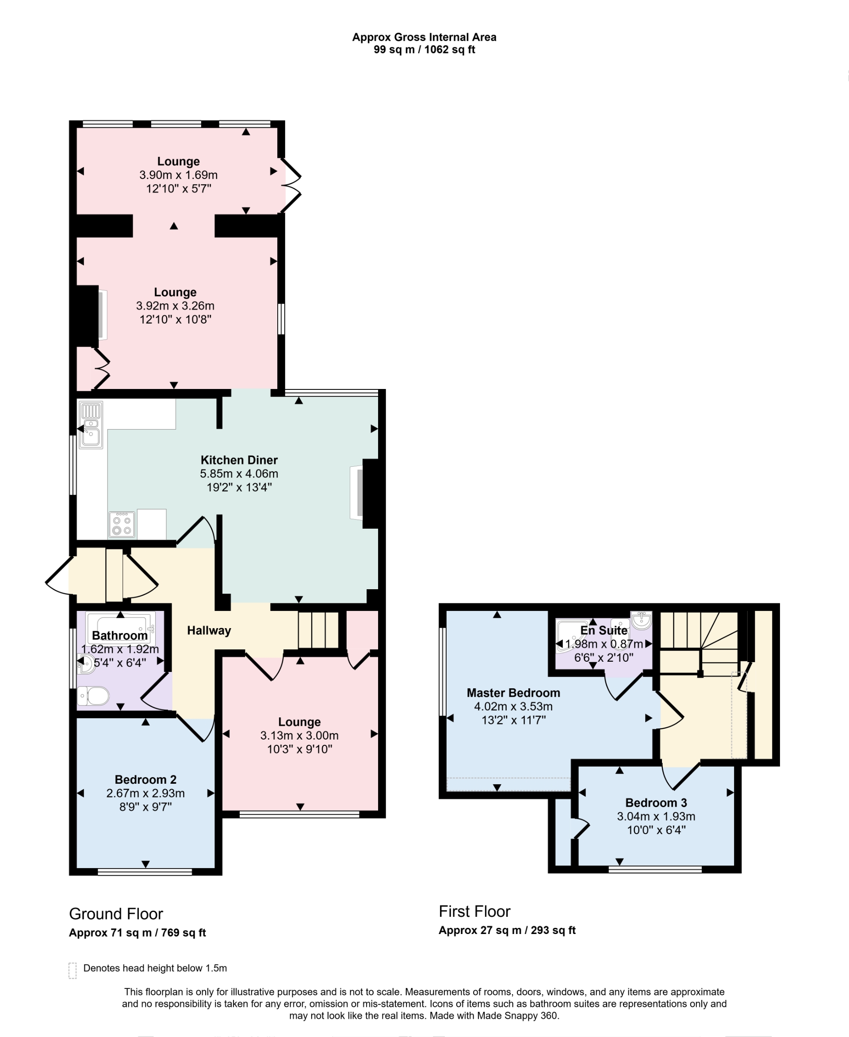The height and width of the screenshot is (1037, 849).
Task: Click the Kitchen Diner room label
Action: (239, 460)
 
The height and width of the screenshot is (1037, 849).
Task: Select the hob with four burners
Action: (122, 524)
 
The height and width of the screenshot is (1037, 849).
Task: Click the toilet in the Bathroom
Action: (93, 696)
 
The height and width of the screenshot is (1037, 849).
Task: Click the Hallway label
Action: (209, 630)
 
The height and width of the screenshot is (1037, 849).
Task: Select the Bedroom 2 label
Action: (145, 779)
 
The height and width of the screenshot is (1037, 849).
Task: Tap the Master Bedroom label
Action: (513, 692)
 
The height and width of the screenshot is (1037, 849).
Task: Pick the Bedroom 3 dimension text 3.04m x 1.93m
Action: (656, 816)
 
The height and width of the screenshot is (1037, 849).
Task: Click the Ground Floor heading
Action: (116, 914)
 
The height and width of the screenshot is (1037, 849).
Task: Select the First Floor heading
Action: (474, 911)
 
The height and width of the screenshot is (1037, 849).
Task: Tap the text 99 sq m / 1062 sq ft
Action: (424, 50)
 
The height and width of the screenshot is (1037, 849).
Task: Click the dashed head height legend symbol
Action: (73, 971)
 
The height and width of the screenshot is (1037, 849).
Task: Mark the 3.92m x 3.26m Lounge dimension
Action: (175, 305)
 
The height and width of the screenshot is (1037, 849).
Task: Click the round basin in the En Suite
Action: (641, 621)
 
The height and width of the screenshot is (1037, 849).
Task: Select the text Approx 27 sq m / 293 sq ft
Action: (507, 930)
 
